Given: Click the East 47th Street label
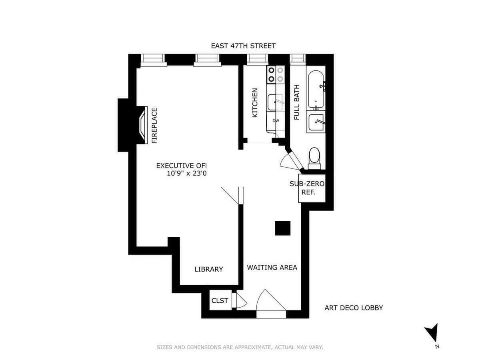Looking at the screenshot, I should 243,46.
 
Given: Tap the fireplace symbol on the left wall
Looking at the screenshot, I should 142,125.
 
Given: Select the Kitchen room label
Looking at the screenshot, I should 255,103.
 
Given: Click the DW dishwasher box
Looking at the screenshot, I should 276,121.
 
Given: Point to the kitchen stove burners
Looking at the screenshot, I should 276,74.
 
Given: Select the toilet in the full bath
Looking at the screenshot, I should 314,157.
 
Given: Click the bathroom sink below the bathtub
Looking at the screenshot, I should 316,122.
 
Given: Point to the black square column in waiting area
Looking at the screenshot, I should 283,228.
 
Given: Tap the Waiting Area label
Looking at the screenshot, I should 272,267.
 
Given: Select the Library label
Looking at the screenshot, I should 208,269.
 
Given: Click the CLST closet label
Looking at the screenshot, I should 220,300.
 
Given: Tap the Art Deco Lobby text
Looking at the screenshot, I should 354,308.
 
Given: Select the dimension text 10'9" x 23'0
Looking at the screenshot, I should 187,174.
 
